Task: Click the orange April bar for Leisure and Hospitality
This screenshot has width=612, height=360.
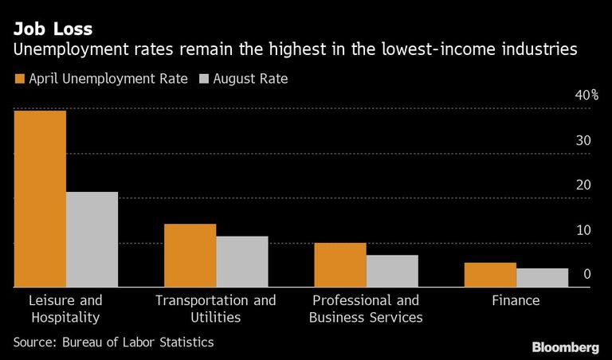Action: pyautogui.click(x=40, y=199)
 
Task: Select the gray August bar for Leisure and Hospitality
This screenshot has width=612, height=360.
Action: pyautogui.click(x=92, y=240)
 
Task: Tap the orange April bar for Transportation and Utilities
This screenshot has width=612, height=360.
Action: pyautogui.click(x=190, y=256)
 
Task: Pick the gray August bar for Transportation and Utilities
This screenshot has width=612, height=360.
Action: pyautogui.click(x=242, y=262)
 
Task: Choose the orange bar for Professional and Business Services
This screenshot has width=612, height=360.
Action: pyautogui.click(x=340, y=265)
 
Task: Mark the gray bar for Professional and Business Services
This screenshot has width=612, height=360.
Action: pyautogui.click(x=392, y=271)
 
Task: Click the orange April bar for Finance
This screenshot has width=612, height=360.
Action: pyautogui.click(x=490, y=275)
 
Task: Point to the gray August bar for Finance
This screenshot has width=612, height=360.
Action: pyautogui.click(x=543, y=278)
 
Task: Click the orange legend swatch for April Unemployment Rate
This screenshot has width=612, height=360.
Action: pyautogui.click(x=19, y=79)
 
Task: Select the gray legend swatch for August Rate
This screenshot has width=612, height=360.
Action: pyautogui.click(x=204, y=79)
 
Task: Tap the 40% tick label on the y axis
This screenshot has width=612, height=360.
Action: pyautogui.click(x=586, y=95)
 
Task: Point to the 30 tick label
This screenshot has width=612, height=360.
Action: pyautogui.click(x=583, y=140)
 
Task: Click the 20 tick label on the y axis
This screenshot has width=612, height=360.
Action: pyautogui.click(x=583, y=185)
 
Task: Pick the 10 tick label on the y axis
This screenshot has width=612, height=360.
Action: pyautogui.click(x=583, y=229)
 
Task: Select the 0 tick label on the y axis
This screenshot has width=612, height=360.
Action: pyautogui.click(x=587, y=274)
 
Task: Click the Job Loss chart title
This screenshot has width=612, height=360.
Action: pyautogui.click(x=53, y=29)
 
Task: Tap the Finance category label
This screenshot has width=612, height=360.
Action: pyautogui.click(x=516, y=300)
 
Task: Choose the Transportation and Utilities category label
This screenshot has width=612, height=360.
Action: pyautogui.click(x=216, y=308)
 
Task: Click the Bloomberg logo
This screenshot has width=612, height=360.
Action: pyautogui.click(x=566, y=347)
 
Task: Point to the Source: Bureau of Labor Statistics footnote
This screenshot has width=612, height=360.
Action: pyautogui.click(x=114, y=342)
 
